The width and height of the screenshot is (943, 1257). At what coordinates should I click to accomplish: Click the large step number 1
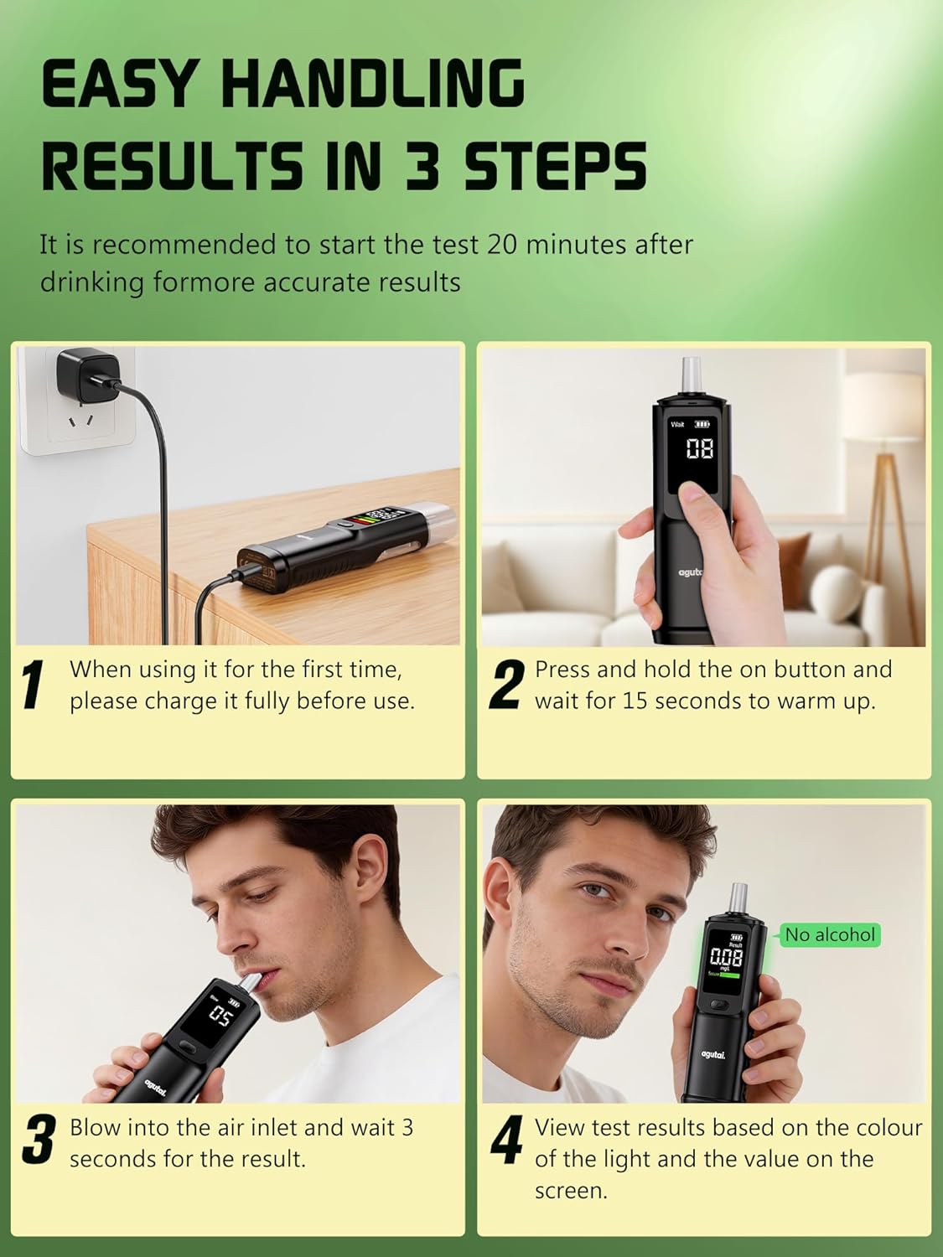tap(34, 685)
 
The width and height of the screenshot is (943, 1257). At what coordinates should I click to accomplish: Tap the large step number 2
tap(507, 685)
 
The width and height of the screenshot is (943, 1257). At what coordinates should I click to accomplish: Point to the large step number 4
tap(507, 1140)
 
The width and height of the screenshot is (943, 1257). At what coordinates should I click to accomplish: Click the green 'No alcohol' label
tap(829, 935)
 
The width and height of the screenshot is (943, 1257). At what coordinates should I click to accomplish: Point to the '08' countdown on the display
tap(700, 449)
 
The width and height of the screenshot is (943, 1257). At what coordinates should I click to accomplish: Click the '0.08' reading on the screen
tap(727, 956)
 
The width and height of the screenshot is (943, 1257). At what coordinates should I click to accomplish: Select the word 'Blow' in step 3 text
tap(95, 1128)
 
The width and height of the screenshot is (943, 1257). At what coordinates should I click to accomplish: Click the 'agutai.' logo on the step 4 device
tap(713, 1054)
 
